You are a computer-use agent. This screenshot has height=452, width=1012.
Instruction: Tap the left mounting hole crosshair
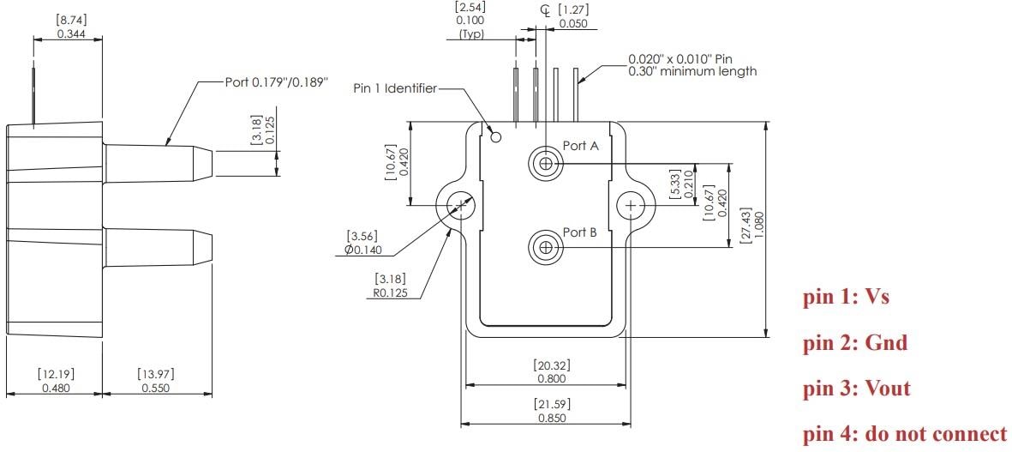click(x=461, y=206)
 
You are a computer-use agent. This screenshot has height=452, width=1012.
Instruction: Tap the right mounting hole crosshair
click(x=631, y=206)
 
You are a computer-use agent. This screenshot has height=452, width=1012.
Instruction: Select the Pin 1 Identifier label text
click(x=394, y=88)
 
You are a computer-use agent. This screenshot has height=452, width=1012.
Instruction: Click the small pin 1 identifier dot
click(x=495, y=136)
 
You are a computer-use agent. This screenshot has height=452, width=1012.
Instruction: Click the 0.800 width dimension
click(x=551, y=378)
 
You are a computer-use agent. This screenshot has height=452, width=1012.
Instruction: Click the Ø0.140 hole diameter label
click(x=361, y=250)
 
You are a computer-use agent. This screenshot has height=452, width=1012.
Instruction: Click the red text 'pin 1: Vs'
click(x=846, y=298)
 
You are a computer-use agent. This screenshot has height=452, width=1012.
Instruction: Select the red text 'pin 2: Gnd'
click(x=854, y=343)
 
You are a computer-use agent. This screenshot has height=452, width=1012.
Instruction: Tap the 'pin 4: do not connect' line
click(x=905, y=434)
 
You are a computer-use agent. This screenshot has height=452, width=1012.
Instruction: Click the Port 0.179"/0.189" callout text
click(x=277, y=82)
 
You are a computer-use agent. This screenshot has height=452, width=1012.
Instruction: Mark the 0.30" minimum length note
click(x=692, y=71)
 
